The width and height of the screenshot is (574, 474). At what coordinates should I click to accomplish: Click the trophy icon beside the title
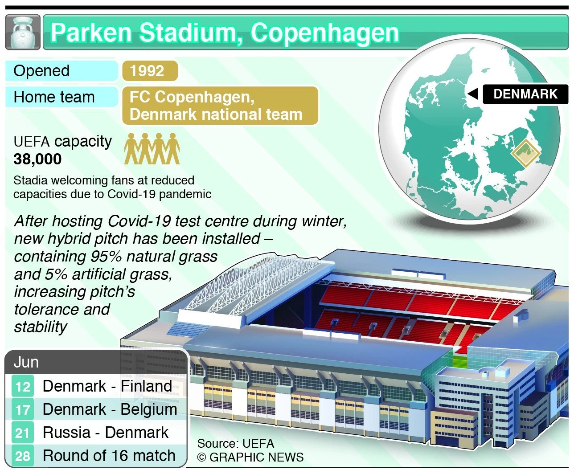pyautogui.click(x=23, y=32)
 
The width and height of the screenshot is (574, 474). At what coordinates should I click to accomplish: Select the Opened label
pyautogui.click(x=41, y=71)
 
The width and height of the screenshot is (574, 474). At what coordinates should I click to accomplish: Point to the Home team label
pyautogui.click(x=54, y=97)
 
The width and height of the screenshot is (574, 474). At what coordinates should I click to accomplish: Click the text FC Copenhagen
pyautogui.click(x=192, y=97)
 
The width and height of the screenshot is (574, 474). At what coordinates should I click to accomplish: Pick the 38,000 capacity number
pyautogui.click(x=37, y=159)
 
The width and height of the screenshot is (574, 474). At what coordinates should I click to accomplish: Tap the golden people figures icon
pyautogui.click(x=152, y=149)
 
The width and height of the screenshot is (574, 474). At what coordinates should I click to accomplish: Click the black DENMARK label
pyautogui.click(x=525, y=94)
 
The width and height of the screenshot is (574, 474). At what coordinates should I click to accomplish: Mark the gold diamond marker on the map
pyautogui.click(x=525, y=153)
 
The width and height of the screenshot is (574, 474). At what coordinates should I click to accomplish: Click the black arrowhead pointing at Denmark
pyautogui.click(x=472, y=94)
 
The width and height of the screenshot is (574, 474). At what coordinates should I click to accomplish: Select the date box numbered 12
pyautogui.click(x=22, y=386)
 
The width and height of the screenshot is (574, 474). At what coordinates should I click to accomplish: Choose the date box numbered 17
pyautogui.click(x=22, y=409)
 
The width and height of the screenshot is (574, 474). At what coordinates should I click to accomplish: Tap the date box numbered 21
pyautogui.click(x=22, y=433)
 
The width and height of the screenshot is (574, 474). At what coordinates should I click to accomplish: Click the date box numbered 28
pyautogui.click(x=22, y=456)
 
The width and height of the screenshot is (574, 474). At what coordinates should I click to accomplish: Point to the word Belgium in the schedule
pyautogui.click(x=149, y=409)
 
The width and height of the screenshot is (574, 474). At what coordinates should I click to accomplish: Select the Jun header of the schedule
pyautogui.click(x=26, y=362)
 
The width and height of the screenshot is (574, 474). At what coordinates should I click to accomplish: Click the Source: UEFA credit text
pyautogui.click(x=235, y=444)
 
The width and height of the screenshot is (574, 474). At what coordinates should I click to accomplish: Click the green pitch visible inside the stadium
pyautogui.click(x=459, y=360)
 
